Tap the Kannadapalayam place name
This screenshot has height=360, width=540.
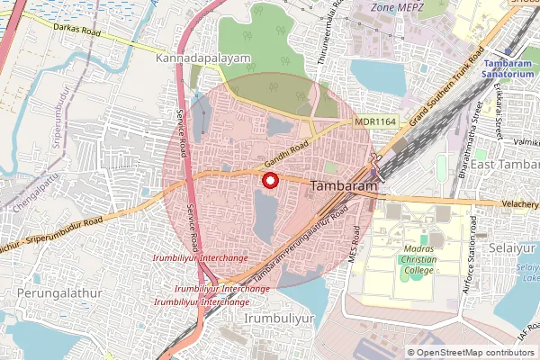(203, 58)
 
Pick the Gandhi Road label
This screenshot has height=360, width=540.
(287, 154)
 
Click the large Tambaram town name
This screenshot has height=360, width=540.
(343, 185)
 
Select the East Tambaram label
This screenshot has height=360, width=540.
(505, 166)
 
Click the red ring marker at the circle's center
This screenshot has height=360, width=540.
(268, 179)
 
